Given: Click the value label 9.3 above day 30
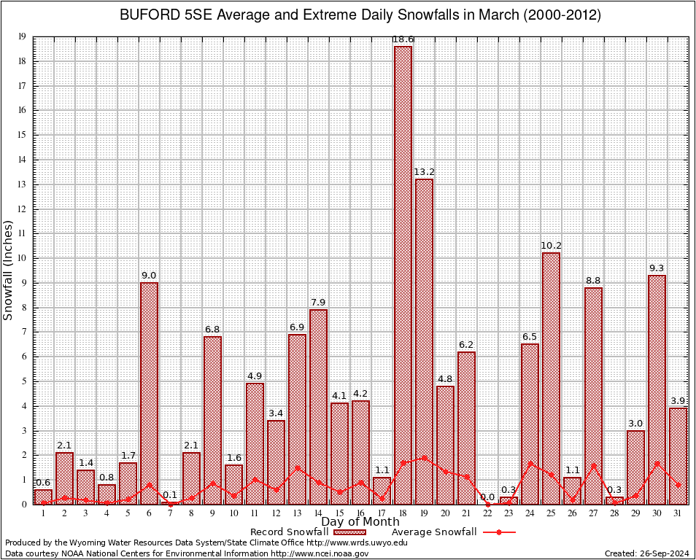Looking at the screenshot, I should [657, 268].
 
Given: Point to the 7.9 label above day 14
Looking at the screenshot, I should [318, 303].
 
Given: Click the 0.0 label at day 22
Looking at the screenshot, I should [487, 497].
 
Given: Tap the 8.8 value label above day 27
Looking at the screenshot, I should [593, 281].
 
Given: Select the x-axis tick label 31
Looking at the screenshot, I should [678, 513].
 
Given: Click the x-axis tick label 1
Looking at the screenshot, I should [43, 513].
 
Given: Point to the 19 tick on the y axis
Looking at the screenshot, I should [23, 36].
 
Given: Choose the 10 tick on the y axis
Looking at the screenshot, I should [23, 258].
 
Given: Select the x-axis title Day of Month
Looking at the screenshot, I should [360, 521].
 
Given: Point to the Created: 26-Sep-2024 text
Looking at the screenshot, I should [646, 553].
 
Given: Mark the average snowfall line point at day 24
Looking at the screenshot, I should [530, 463].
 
